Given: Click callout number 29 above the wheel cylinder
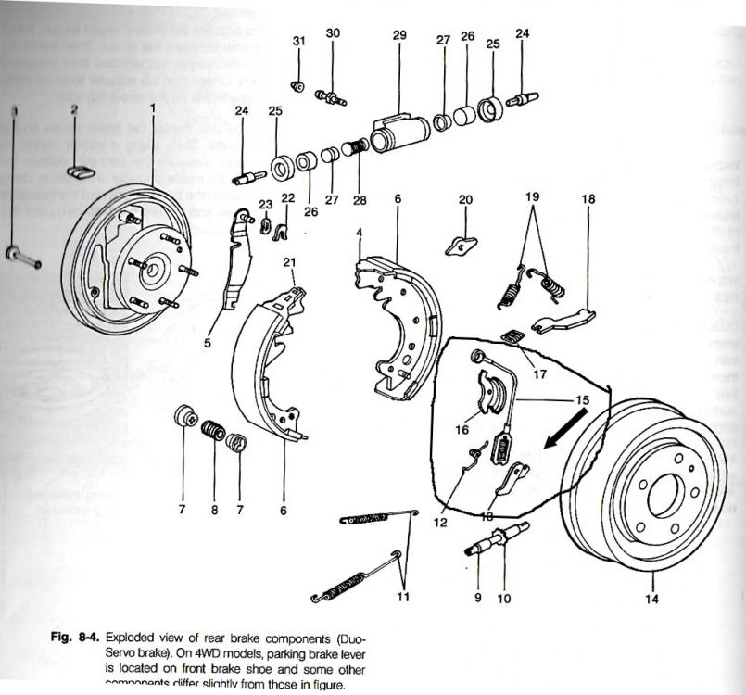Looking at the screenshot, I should pos(399,35).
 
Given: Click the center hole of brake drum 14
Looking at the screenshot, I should pos(664,497).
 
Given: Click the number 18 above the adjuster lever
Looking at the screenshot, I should pos(588,199).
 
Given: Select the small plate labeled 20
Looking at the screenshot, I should pos(461,245).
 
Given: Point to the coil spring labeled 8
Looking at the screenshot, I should pos(213,432).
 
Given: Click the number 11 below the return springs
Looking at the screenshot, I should pos(403,598).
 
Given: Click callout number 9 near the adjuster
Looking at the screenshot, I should pos(478,598).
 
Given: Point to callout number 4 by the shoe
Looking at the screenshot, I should pos(359,231).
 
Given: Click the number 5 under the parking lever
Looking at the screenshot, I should pos(208,343).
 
